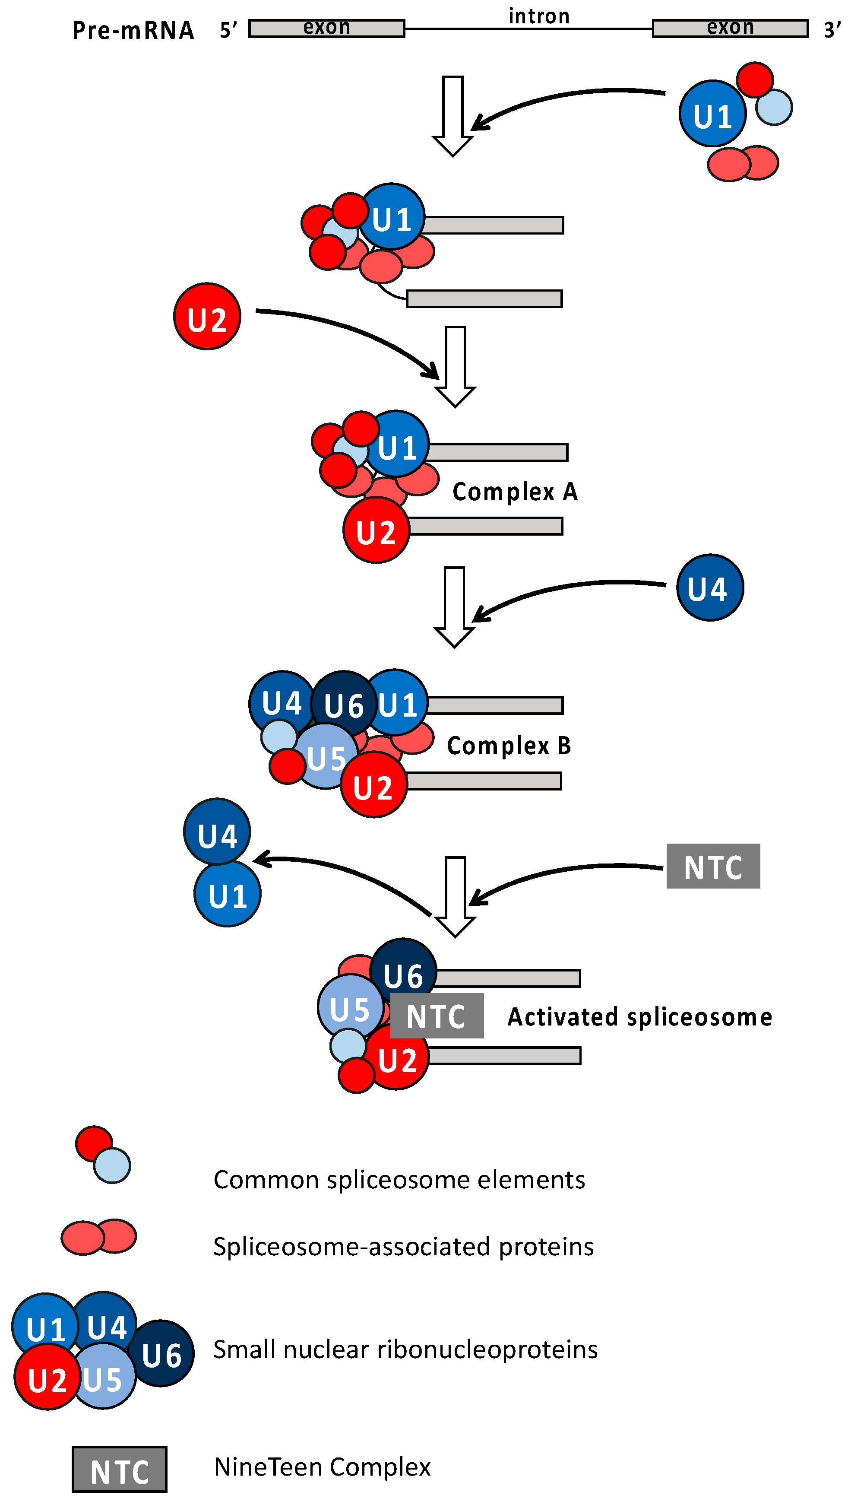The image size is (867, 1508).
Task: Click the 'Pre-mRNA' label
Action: (x=133, y=30)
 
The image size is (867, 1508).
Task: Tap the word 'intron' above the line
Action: (x=539, y=16)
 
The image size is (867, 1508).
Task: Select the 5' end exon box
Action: (x=326, y=28)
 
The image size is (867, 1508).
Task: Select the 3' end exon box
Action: (x=730, y=28)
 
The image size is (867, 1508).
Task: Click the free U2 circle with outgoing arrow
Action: (x=207, y=316)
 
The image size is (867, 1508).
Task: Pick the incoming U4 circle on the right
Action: (x=710, y=588)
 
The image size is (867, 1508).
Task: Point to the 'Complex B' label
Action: (x=509, y=746)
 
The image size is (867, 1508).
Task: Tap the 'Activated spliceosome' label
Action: (x=639, y=1017)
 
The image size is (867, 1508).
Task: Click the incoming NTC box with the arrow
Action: (x=713, y=867)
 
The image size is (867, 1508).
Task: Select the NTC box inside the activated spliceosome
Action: (x=437, y=1016)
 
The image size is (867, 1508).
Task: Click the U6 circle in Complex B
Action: (x=344, y=705)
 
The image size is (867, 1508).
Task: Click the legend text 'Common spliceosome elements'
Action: (x=399, y=1180)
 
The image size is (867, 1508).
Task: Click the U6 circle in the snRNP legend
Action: (x=161, y=1355)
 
